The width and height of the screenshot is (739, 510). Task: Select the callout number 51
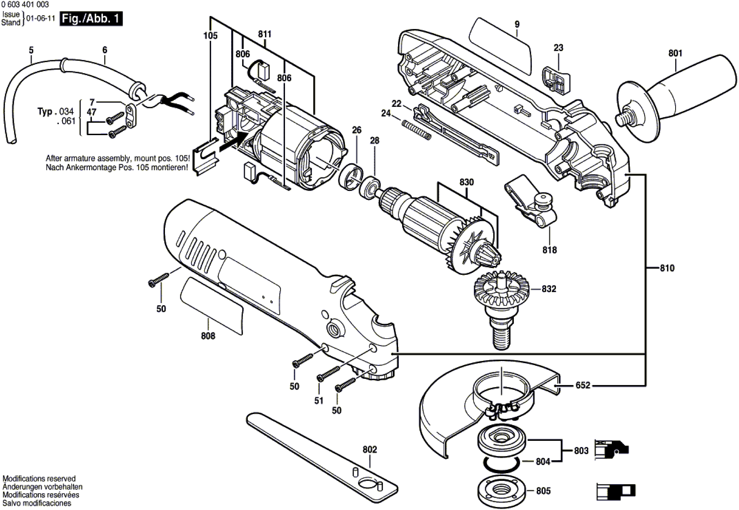point(319,400)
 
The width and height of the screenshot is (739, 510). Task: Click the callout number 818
point(549,250)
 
